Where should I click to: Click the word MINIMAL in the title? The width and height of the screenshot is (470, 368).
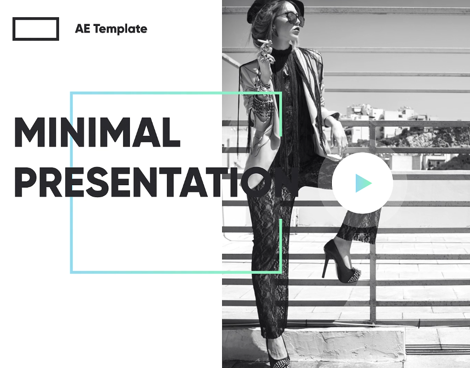[97, 132]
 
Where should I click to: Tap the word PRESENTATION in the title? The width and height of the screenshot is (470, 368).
[156, 182]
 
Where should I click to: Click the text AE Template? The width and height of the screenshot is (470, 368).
[111, 29]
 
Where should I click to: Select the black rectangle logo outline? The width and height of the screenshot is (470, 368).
[35, 29]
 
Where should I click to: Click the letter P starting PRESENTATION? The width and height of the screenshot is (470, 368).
[24, 182]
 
